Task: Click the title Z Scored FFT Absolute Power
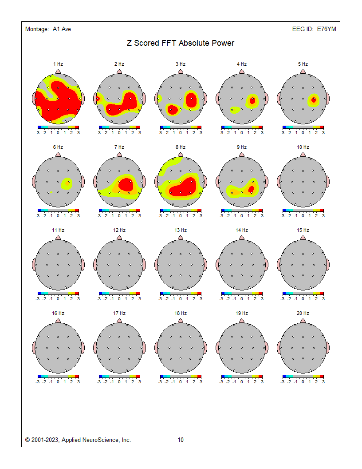181,43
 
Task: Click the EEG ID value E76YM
326,29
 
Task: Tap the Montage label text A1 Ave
62,29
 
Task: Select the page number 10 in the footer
181,440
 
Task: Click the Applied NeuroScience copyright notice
78,440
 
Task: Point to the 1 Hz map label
58,64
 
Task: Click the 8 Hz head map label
181,147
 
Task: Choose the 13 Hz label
181,230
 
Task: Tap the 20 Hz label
303,313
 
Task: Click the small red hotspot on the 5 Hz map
314,99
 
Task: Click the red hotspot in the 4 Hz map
252,100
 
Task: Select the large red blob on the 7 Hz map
126,184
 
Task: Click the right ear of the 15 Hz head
328,265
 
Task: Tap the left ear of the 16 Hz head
34,348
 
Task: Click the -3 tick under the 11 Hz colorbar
38,298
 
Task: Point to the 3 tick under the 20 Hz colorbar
323,382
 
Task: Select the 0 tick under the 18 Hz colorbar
181,382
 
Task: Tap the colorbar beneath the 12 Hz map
119,294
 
